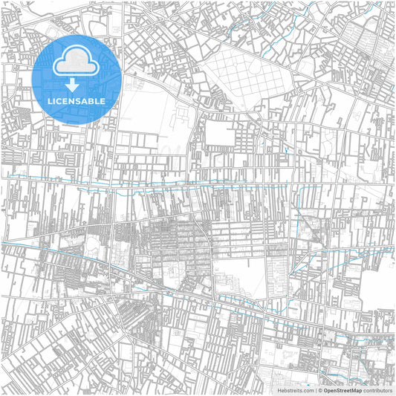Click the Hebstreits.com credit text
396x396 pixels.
tap(294, 389)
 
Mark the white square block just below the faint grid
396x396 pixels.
tap(220, 134)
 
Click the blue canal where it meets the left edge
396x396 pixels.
tap(2, 241)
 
